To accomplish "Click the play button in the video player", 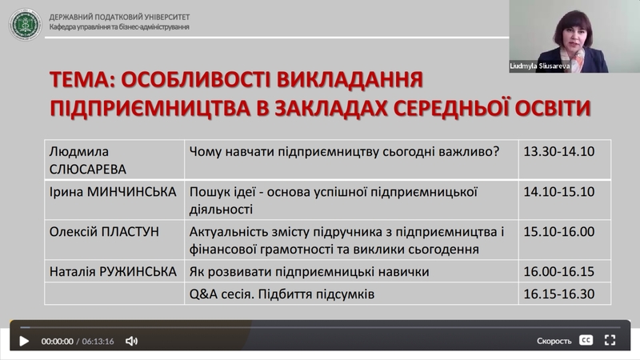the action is point(24,341).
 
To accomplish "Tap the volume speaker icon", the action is point(131,341).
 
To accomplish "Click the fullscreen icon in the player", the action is point(610,340).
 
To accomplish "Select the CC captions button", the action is point(586,340).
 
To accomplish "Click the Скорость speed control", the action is point(554,341).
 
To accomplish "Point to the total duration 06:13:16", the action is point(98,342).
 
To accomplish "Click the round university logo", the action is point(26,25).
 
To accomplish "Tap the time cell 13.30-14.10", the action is point(558,151).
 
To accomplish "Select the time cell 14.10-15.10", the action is point(558,191).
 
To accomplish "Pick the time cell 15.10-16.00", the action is point(558,231).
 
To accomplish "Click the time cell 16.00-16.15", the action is point(558,271).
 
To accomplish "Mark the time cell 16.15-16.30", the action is point(558,294).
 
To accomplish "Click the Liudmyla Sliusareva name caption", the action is point(539,66).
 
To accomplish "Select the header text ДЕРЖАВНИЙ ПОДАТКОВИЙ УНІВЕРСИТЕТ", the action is point(119,17).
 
